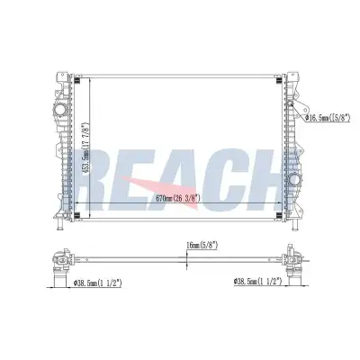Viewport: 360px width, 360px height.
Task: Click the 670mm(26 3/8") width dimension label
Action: coord(178,198)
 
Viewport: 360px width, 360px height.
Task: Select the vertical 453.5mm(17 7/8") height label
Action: coord(85,148)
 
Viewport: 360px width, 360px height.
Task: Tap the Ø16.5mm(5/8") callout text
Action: coord(328,118)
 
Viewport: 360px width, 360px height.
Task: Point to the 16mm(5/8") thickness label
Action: coord(202,246)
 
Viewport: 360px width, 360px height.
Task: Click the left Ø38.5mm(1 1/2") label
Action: coord(97,283)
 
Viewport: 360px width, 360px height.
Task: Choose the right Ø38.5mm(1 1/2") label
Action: coord(257,282)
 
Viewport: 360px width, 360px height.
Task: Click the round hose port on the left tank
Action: coord(59,110)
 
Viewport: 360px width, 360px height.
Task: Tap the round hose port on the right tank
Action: coord(294,180)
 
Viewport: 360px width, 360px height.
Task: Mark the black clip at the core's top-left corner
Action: coord(76,81)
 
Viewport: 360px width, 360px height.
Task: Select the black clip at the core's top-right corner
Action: coord(279,81)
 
